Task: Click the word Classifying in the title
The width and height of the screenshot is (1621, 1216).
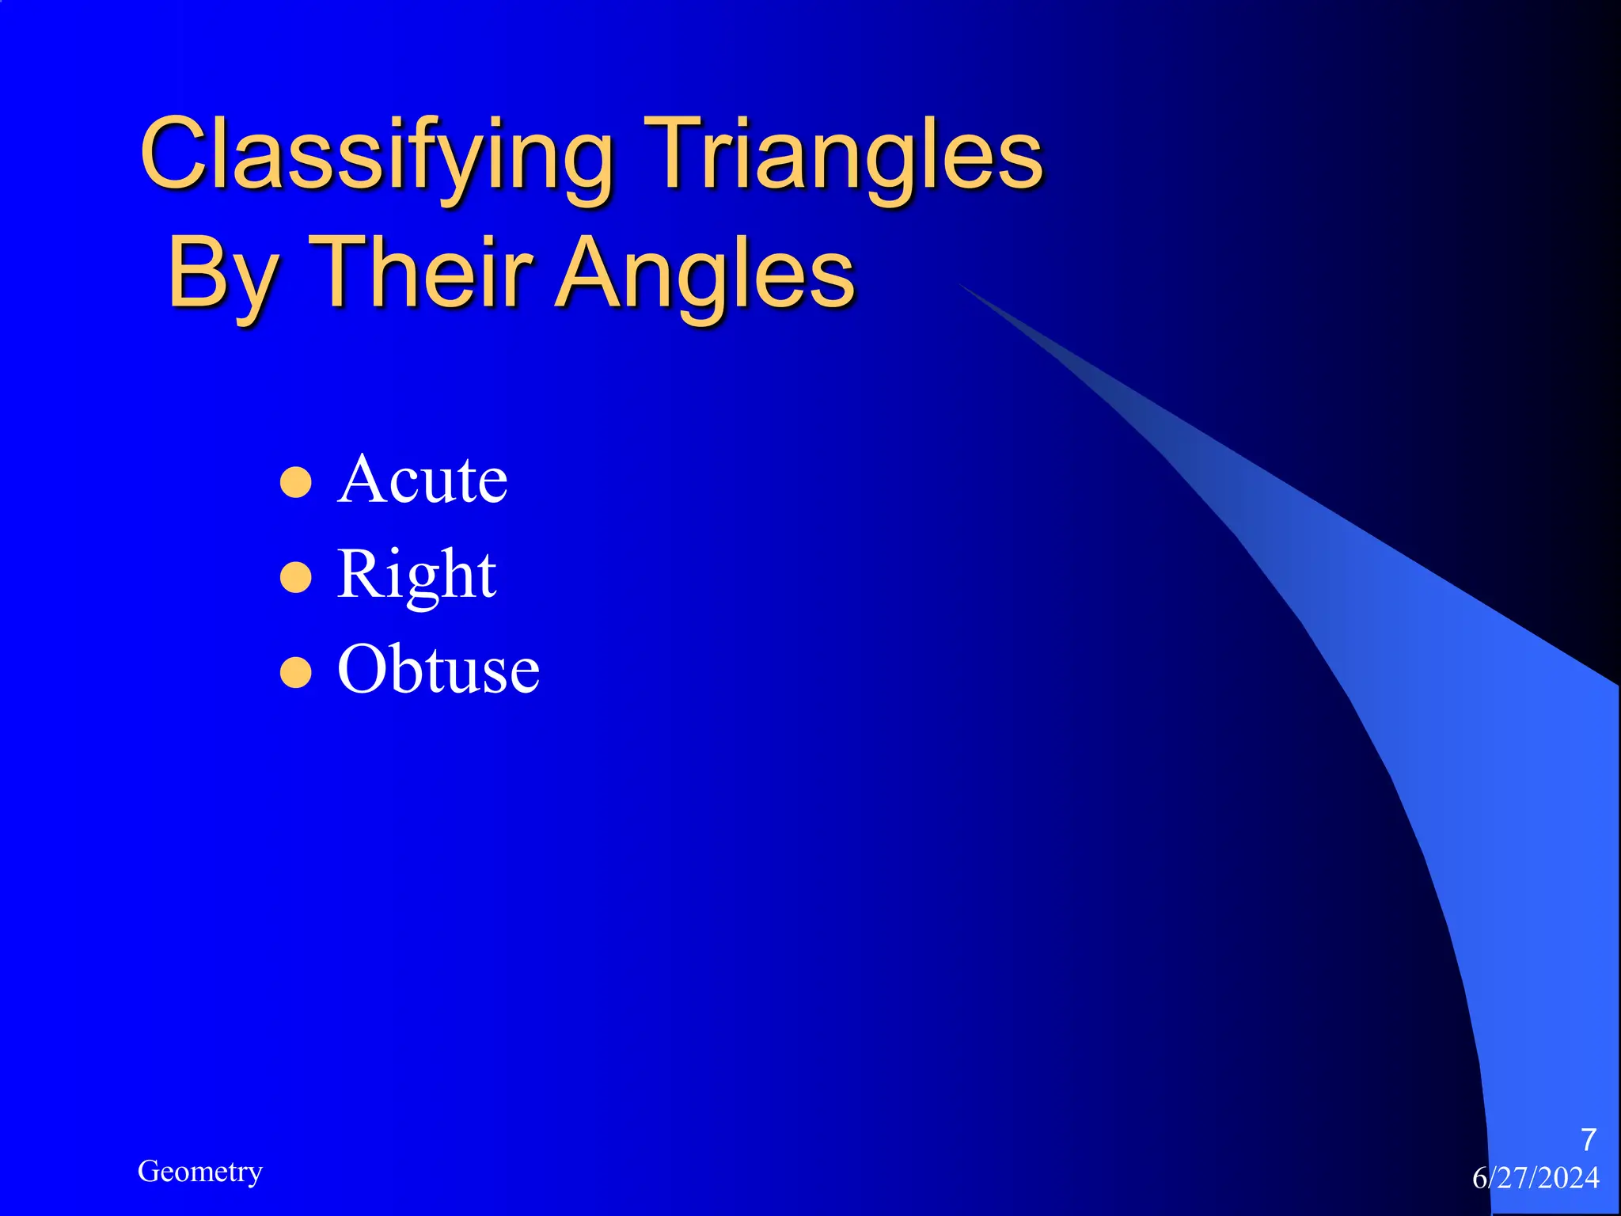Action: point(377,154)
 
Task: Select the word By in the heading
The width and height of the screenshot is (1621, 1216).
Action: point(222,275)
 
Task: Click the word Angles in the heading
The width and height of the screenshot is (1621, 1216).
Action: point(704,275)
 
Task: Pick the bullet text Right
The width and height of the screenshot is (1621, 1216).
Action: point(416,576)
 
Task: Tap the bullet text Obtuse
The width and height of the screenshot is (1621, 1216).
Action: point(438,670)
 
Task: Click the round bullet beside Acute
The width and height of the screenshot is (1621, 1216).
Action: point(296,482)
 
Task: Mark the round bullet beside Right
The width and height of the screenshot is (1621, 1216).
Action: point(296,578)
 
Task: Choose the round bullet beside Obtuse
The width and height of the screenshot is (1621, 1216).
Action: point(296,673)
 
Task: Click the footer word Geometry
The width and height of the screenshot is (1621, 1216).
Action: point(199,1172)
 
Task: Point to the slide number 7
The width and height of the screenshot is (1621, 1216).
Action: point(1588,1140)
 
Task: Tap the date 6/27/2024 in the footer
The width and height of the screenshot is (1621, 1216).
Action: point(1535,1178)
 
